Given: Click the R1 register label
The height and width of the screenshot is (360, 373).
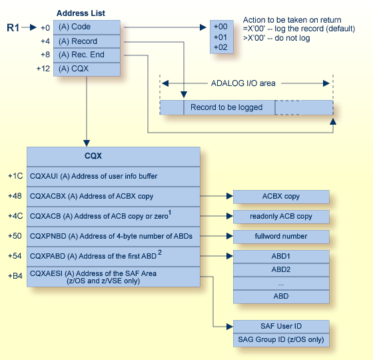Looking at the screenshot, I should (x=14, y=27).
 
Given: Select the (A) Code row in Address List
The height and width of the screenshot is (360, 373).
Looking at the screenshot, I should (x=87, y=27).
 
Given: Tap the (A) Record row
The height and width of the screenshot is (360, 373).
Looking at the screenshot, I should (x=87, y=41).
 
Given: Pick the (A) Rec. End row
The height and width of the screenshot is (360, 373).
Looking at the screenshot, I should (x=87, y=55).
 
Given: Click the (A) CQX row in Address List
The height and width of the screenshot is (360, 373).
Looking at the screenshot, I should (x=87, y=69).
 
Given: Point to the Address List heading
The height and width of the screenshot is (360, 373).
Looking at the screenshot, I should (x=81, y=13).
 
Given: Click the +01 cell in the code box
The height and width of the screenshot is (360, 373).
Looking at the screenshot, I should (x=220, y=37).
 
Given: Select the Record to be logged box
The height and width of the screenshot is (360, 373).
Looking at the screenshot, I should (x=226, y=107).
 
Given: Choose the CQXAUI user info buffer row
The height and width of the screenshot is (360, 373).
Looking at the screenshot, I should (x=113, y=176).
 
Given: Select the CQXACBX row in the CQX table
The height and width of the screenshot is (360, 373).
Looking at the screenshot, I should (x=113, y=197).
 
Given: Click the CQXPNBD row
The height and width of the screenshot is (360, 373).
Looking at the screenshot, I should (x=113, y=236).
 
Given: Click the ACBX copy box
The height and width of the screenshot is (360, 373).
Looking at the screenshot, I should (x=281, y=197).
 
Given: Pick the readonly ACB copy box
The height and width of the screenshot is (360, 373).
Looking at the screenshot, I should (x=281, y=217).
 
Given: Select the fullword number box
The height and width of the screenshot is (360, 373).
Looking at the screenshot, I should (x=281, y=236).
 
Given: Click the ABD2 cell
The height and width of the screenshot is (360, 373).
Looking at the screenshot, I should (x=281, y=270).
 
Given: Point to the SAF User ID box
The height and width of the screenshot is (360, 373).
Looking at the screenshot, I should (x=281, y=326).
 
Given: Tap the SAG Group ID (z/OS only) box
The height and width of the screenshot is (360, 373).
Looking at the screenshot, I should (x=281, y=339).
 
